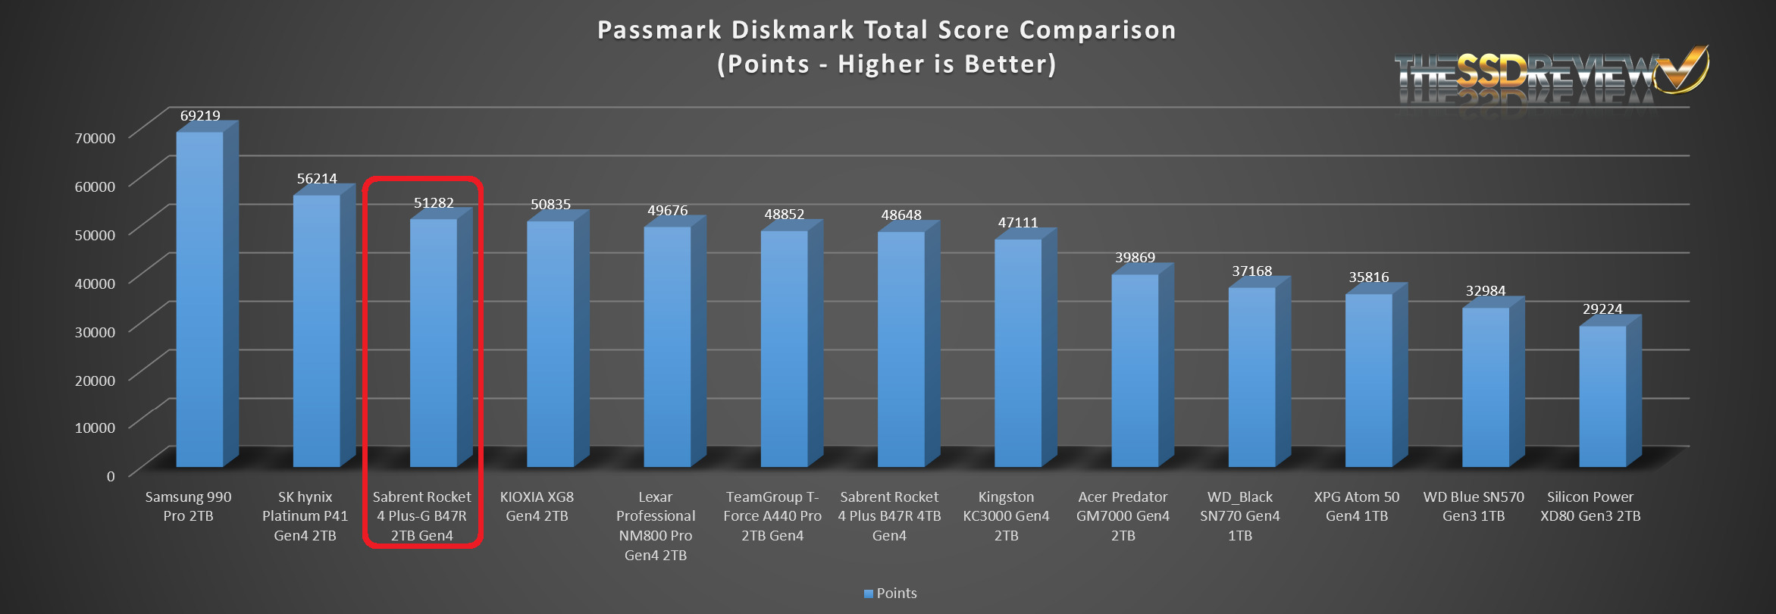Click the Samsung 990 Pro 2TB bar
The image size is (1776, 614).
coord(199,299)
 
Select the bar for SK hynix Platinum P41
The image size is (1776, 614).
coord(316,330)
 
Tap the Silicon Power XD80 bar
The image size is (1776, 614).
coord(1602,396)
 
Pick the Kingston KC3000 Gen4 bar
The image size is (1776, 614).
coord(1017,352)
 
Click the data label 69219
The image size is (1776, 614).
coord(200,116)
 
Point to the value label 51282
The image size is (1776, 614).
coord(434,203)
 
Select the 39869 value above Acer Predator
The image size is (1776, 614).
coord(1135,258)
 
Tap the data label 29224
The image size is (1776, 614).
coord(1602,309)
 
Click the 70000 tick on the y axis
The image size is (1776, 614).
coord(96,138)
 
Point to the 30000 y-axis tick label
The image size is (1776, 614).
coord(96,332)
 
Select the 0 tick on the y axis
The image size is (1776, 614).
coord(111,476)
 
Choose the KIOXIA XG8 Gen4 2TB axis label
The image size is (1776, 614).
coord(537,506)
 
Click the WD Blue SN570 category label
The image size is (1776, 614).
coord(1473,506)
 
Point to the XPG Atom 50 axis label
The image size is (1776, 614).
coord(1356,506)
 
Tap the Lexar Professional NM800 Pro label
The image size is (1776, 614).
coord(655,526)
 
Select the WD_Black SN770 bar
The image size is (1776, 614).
coord(1251,377)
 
